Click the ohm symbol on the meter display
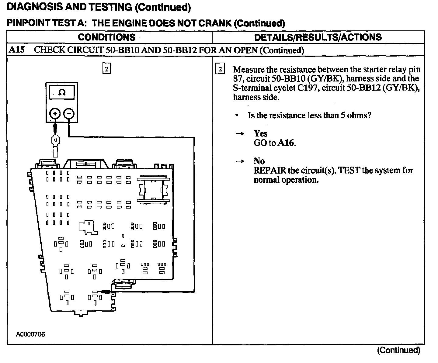[62, 92]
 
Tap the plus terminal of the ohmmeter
[55, 114]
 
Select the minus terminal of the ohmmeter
[69, 114]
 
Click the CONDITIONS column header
[106, 37]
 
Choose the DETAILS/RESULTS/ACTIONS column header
[318, 37]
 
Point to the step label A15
[16, 50]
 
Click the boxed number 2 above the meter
[106, 69]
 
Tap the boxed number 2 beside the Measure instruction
[220, 69]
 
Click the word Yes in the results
[261, 134]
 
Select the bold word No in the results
[259, 161]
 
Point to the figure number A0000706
[30, 334]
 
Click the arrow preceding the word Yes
[240, 134]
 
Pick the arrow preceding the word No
[240, 161]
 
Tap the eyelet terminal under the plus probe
[55, 141]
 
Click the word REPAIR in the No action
[270, 170]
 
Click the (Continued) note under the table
[398, 350]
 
